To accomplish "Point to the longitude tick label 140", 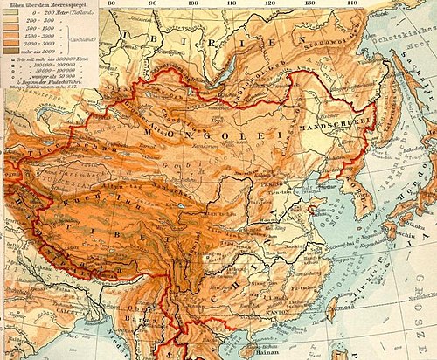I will point(352,4).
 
